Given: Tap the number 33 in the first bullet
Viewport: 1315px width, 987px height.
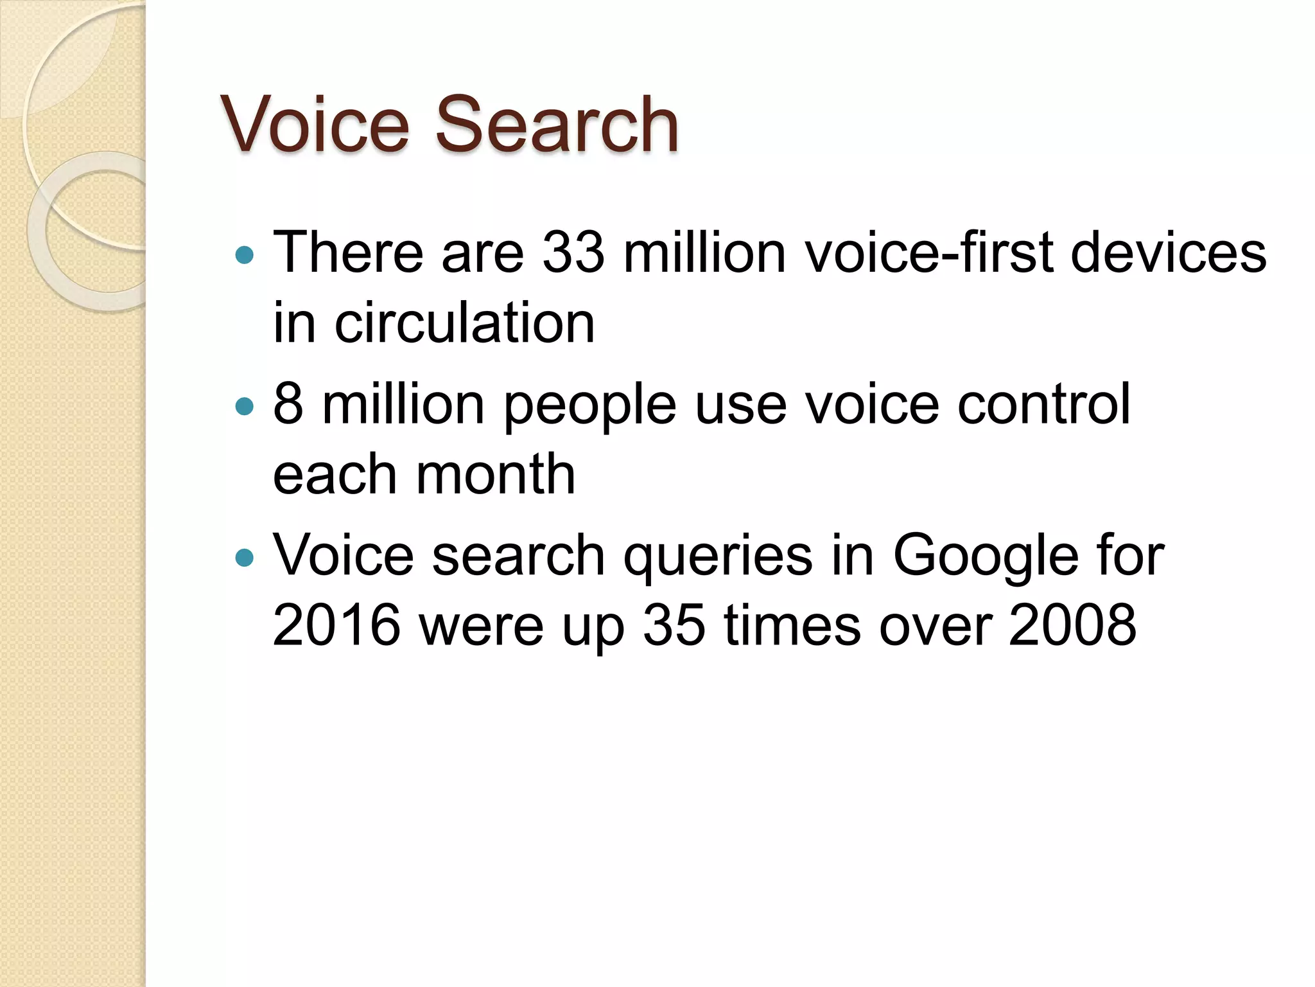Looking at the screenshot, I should [573, 252].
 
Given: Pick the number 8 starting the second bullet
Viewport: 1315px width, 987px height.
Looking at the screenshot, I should [288, 404].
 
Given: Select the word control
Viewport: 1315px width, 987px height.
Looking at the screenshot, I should [1043, 404].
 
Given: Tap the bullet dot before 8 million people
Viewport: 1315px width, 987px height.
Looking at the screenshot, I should [245, 407].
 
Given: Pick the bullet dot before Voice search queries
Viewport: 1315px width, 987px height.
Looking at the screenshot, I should [245, 557].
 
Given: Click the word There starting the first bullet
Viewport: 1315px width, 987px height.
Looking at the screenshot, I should [348, 252].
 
